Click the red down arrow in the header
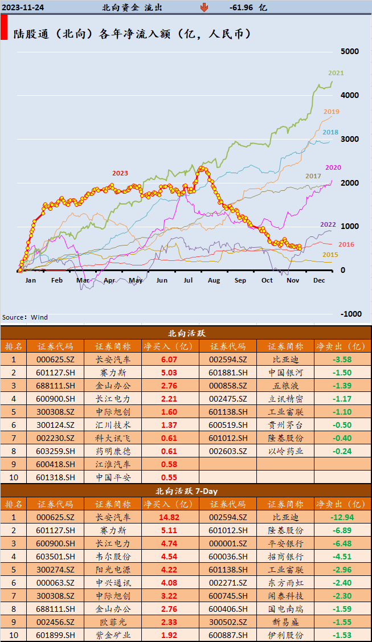(204, 7)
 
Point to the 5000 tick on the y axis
(349, 51)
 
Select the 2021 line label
(336, 73)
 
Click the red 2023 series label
(120, 173)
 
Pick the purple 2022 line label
(328, 224)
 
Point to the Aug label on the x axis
(214, 280)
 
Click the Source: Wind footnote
(25, 317)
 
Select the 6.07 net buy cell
(169, 359)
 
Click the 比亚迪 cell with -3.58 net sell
(285, 359)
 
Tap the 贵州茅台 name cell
(285, 424)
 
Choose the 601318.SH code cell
(55, 477)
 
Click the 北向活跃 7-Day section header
(186, 490)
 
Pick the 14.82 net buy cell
(169, 517)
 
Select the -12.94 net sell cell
(342, 517)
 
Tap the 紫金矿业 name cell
(112, 635)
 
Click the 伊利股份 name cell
(285, 635)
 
